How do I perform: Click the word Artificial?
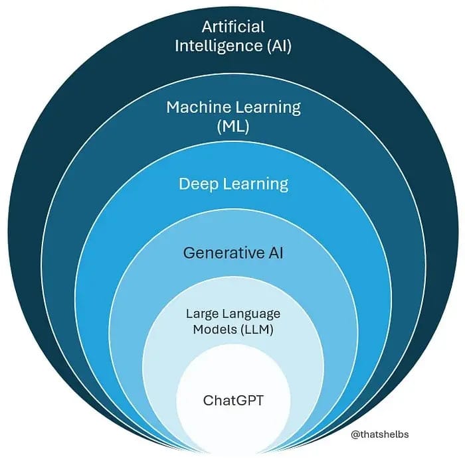tap(232, 27)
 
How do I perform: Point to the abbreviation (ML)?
tap(233, 127)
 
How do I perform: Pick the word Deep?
tap(199, 184)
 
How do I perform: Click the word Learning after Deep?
tap(255, 184)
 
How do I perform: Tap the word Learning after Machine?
tap(265, 107)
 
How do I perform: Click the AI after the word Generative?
tap(276, 253)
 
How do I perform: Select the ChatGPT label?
tap(233, 401)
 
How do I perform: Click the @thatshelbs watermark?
tap(380, 434)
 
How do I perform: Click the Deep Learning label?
tap(233, 184)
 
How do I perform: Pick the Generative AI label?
tap(233, 253)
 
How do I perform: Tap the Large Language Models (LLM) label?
tap(233, 322)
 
